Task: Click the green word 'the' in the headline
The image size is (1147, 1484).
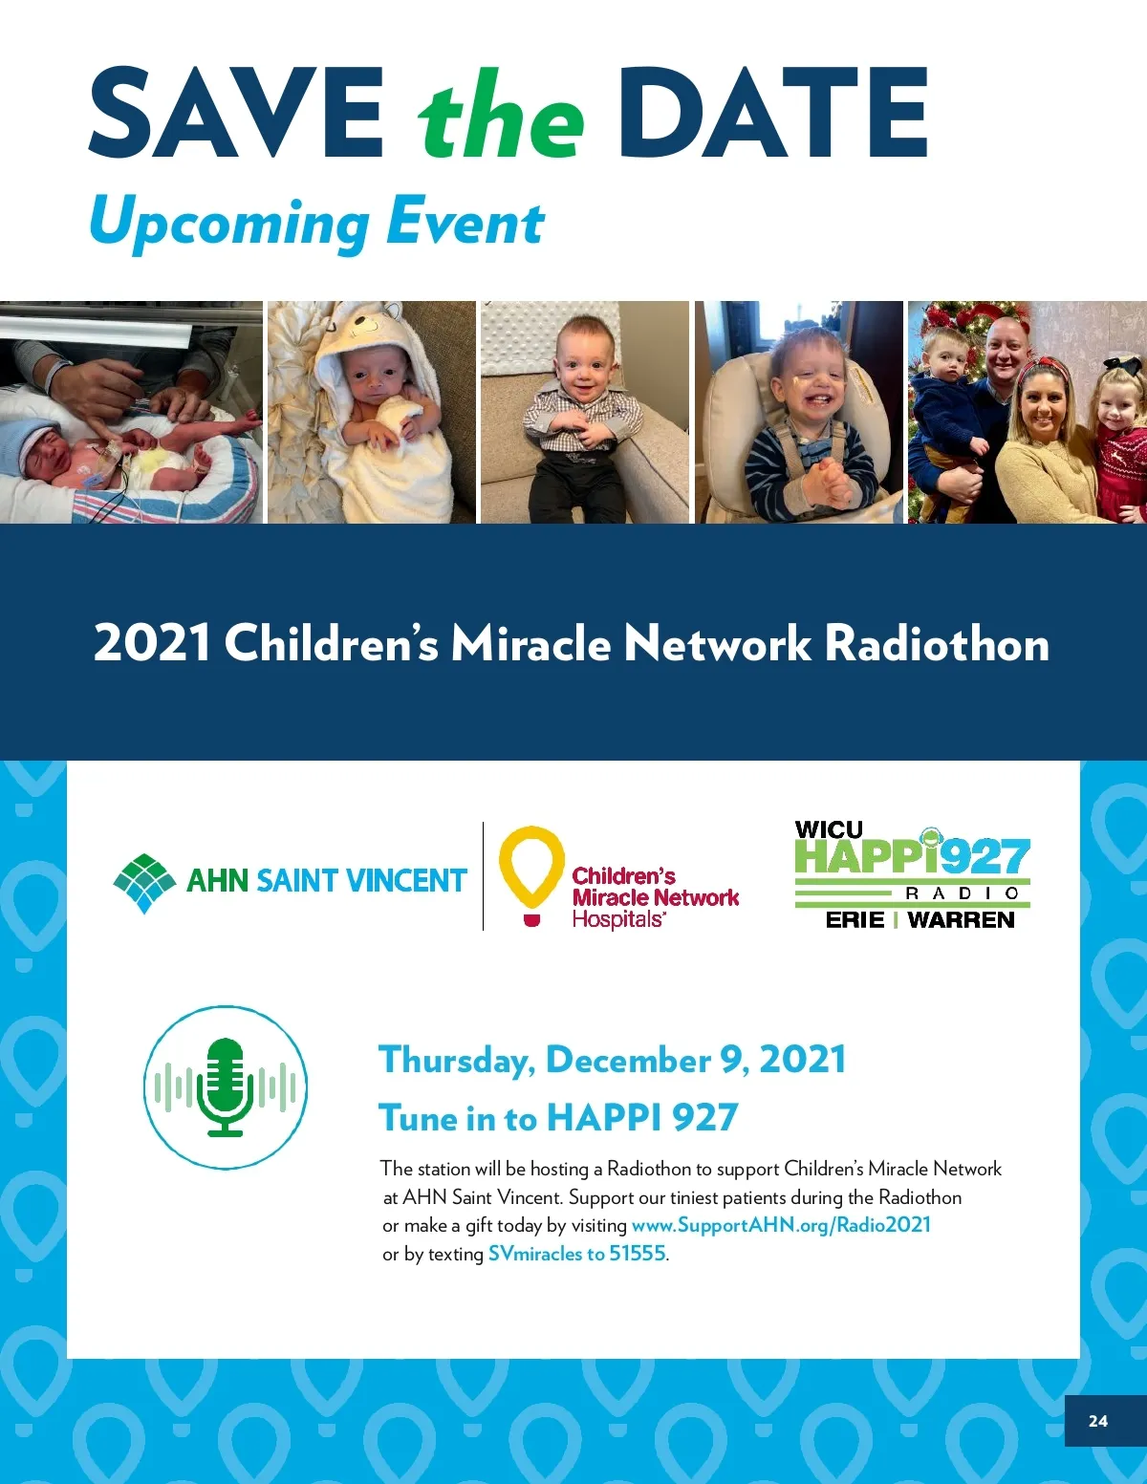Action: pyautogui.click(x=502, y=114)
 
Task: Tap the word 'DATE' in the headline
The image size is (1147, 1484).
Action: pyautogui.click(x=772, y=112)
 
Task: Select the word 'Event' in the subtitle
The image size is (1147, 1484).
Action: pyautogui.click(x=465, y=222)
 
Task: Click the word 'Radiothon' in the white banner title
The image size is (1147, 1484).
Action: pyautogui.click(x=937, y=643)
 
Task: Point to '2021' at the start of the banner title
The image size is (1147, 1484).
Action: pyautogui.click(x=152, y=643)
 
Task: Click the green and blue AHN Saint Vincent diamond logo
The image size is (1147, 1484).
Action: pyautogui.click(x=144, y=882)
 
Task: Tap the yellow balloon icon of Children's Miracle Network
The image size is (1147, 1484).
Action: pyautogui.click(x=531, y=875)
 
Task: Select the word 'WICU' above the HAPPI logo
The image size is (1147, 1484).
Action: pyautogui.click(x=829, y=829)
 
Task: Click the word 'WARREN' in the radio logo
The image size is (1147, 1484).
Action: pyautogui.click(x=962, y=919)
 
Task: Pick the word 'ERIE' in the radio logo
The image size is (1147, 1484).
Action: pyautogui.click(x=855, y=919)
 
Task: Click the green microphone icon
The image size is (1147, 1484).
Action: pyautogui.click(x=226, y=1086)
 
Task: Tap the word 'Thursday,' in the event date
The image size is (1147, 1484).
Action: pyautogui.click(x=457, y=1060)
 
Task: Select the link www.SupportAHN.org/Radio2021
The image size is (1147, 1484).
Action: pyautogui.click(x=781, y=1224)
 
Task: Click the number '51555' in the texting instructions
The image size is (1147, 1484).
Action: pyautogui.click(x=638, y=1253)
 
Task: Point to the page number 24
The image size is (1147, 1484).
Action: pyautogui.click(x=1098, y=1421)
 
